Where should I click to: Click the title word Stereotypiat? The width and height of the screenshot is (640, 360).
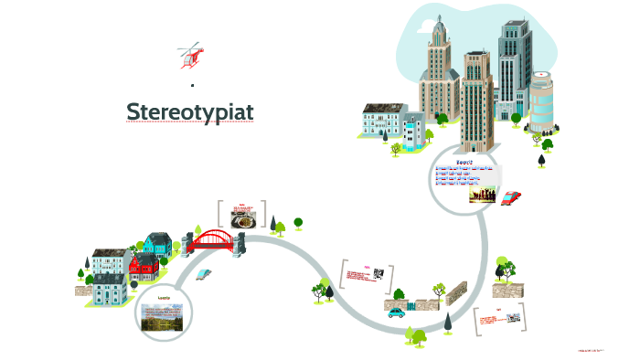tap(189, 111)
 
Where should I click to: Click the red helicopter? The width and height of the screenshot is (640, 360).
tap(191, 54)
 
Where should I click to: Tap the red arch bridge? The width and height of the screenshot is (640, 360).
tap(214, 240)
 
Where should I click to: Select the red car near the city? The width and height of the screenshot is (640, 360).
tap(510, 197)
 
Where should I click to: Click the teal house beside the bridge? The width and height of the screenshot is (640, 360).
tap(158, 244)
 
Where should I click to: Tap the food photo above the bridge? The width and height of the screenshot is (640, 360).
tap(244, 219)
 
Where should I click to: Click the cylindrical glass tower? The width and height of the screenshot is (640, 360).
tap(542, 103)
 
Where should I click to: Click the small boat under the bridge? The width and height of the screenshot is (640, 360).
tap(203, 274)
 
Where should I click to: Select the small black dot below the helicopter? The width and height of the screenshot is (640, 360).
tap(192, 85)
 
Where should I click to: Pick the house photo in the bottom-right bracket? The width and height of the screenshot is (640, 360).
tap(514, 319)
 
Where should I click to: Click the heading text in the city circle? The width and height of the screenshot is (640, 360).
tap(464, 162)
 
